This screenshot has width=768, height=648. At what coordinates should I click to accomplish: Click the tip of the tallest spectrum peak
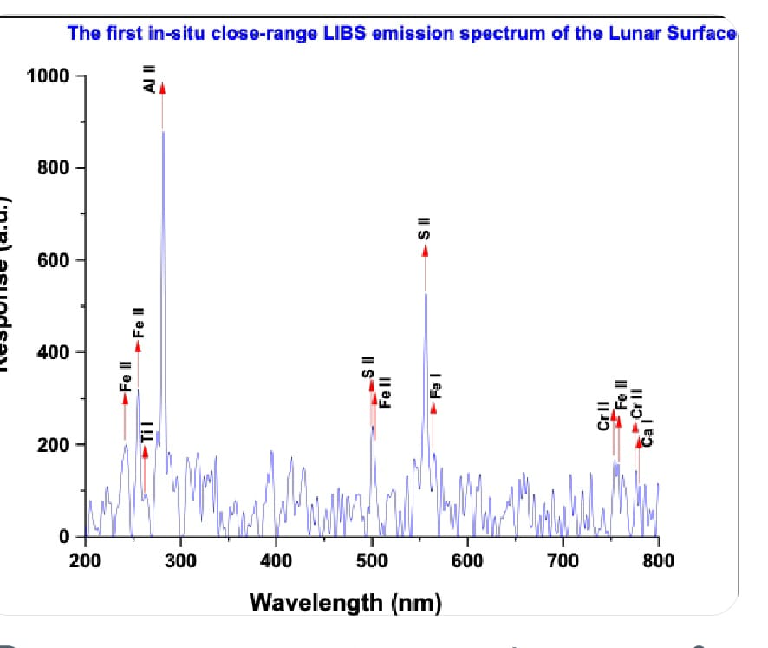tap(163, 131)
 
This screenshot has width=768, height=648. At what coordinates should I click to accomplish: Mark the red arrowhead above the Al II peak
tap(162, 87)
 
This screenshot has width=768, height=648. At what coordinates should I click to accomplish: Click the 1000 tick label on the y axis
tap(47, 75)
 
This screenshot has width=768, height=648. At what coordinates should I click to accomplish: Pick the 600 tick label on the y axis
tap(53, 260)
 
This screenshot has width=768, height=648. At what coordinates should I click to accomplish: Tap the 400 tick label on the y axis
tap(53, 352)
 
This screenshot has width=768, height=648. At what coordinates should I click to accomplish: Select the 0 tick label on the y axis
tap(64, 536)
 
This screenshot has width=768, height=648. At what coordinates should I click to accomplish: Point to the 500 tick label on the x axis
tap(372, 560)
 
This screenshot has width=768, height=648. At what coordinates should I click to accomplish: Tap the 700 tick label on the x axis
tap(563, 560)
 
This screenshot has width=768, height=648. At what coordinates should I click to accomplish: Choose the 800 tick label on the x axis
tap(659, 560)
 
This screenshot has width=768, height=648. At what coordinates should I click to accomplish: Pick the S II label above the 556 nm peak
tap(424, 228)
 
